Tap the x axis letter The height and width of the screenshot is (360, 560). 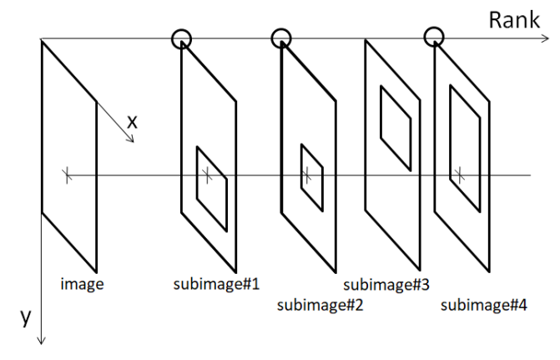tap(131, 122)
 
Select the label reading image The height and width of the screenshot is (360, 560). tap(82, 284)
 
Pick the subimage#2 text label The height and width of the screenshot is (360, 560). tap(319, 305)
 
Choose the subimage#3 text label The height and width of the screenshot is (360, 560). tap(386, 284)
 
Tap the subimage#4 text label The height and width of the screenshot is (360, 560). tap(484, 305)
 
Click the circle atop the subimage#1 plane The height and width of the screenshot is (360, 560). tap(181, 38)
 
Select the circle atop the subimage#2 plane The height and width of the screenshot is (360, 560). tap(281, 37)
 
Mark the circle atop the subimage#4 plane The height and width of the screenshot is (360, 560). tap(433, 36)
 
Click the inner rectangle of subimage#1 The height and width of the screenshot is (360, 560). tap(212, 188)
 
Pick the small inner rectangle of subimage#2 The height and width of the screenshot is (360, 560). tap(312, 178)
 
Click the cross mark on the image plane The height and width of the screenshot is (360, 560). tap(66, 175)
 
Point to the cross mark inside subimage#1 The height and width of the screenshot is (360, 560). tap(208, 175)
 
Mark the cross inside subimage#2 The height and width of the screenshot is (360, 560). tap(306, 175)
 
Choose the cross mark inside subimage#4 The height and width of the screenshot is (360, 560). tap(458, 175)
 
